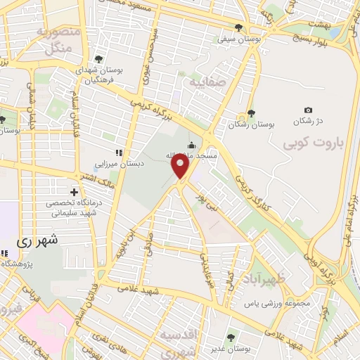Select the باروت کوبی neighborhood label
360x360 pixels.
(309, 143)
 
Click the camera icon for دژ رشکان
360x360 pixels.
(309, 110)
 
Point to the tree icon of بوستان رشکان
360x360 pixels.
(251, 113)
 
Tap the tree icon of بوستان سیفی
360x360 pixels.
(239, 29)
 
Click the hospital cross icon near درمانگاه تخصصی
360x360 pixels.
(74, 191)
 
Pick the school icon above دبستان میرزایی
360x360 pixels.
(120, 152)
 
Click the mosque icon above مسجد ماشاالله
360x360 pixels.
(191, 145)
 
